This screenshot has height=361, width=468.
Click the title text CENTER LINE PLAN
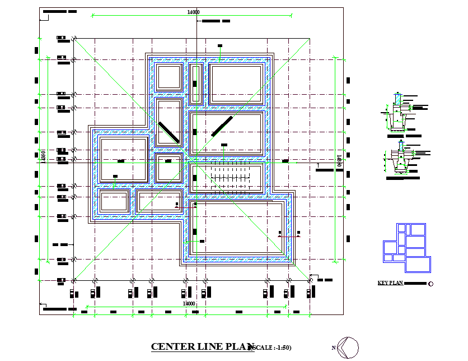point(199,347)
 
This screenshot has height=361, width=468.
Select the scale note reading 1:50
point(273,348)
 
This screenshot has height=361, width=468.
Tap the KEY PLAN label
point(390,284)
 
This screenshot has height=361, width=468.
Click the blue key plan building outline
point(407,247)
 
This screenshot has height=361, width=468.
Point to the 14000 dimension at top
point(194,12)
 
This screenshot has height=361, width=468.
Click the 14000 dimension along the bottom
point(189,303)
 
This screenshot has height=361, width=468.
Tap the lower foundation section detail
point(401,161)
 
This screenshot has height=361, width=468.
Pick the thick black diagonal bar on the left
point(168,132)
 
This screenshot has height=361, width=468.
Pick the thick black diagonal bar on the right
point(222,126)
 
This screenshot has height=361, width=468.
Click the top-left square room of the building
point(169,77)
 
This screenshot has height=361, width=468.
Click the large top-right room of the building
point(236,84)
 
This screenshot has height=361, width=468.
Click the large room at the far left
point(123,160)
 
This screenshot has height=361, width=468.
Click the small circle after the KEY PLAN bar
point(430,284)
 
